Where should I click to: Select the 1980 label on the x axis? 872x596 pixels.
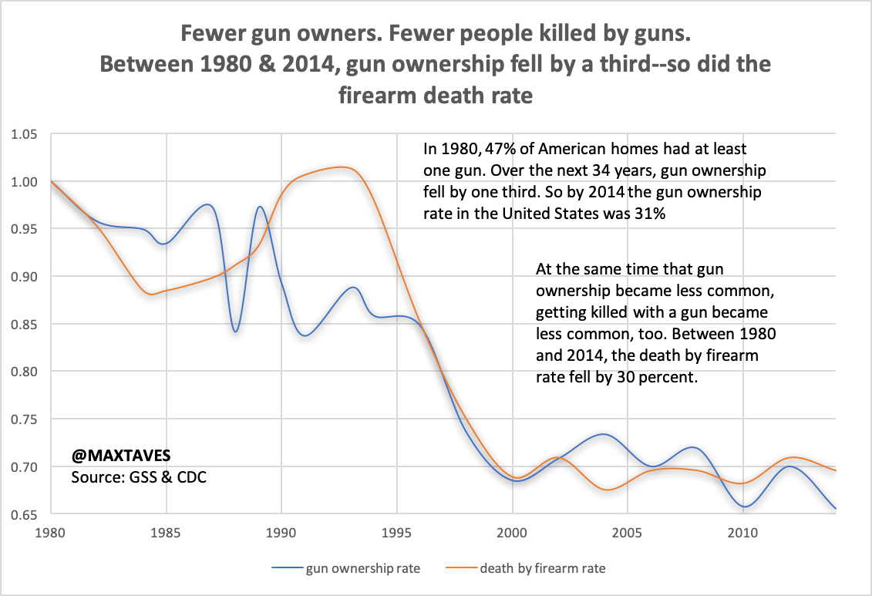(51, 532)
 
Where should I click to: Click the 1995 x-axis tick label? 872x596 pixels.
(396, 532)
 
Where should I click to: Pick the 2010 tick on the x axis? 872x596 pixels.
(742, 532)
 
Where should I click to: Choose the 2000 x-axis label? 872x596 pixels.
(512, 532)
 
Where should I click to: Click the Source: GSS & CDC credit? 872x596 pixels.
(139, 477)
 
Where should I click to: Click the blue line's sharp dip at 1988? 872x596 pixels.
(235, 332)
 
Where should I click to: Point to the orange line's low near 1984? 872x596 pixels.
(151, 294)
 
